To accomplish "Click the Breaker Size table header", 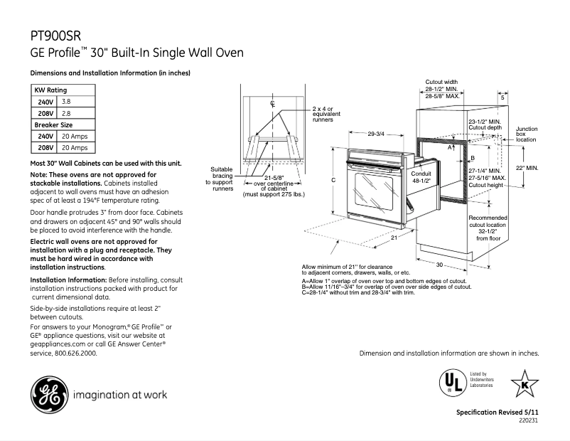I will pos(54,124).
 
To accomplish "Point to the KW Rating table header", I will pos(50,91).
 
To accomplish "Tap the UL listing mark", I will pos(448,383).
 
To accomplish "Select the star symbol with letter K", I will pos(525,384).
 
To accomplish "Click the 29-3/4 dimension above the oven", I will pos(376,134).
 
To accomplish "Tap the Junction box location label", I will pos(527,134).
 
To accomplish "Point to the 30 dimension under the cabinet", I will pos(440,265).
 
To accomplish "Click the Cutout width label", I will pos(441,82).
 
